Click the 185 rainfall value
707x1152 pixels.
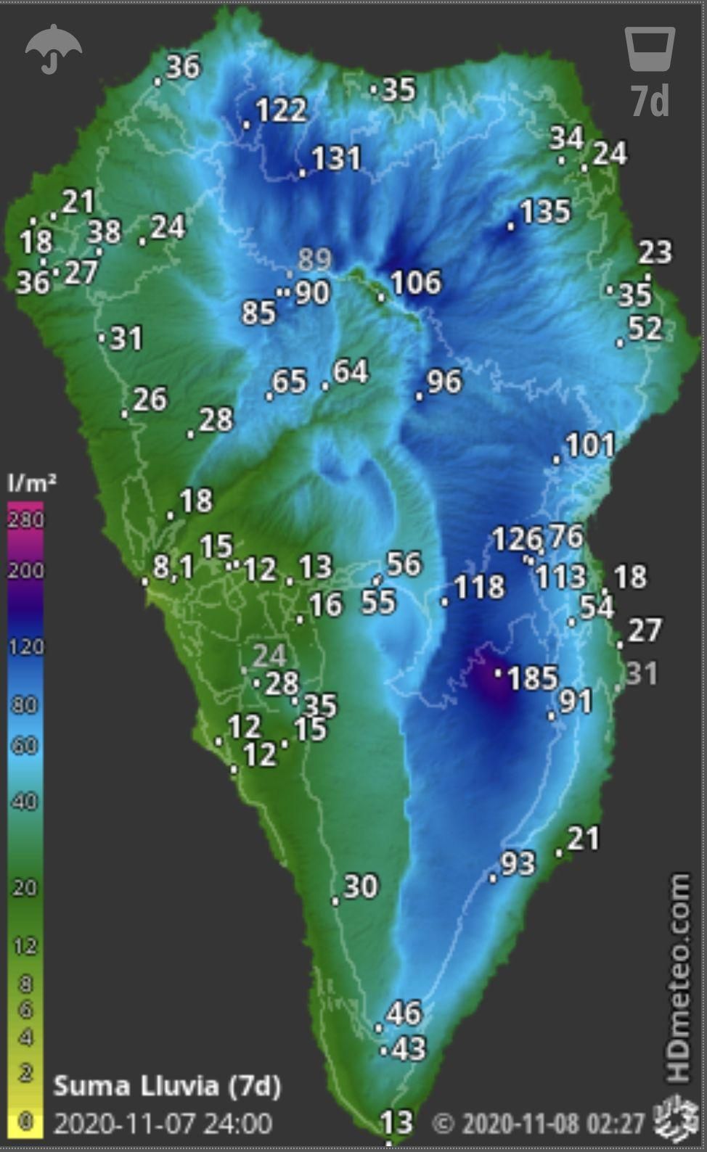pyautogui.click(x=532, y=678)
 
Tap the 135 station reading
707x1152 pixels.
pyautogui.click(x=544, y=212)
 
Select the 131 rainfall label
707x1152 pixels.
pyautogui.click(x=335, y=159)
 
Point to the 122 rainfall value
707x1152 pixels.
pyautogui.click(x=281, y=110)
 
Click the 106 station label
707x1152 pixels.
pyautogui.click(x=415, y=283)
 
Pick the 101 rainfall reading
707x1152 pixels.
pyautogui.click(x=589, y=445)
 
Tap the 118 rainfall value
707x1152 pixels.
pyautogui.click(x=478, y=587)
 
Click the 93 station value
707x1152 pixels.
pyautogui.click(x=518, y=864)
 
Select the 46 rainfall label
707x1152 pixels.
pyautogui.click(x=403, y=1013)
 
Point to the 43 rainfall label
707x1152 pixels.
pyautogui.click(x=408, y=1048)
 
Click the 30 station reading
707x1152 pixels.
pyautogui.click(x=360, y=886)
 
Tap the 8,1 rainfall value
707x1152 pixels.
pyautogui.click(x=173, y=567)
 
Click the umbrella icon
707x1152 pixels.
pyautogui.click(x=53, y=49)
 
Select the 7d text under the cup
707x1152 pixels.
pyautogui.click(x=650, y=101)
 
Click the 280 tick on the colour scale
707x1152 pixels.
pyautogui.click(x=25, y=519)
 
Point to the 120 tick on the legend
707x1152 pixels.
pyautogui.click(x=25, y=646)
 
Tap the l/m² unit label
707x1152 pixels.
pyautogui.click(x=31, y=482)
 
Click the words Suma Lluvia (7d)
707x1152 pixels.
pyautogui.click(x=167, y=1086)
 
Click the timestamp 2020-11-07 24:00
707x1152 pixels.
pyautogui.click(x=163, y=1124)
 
